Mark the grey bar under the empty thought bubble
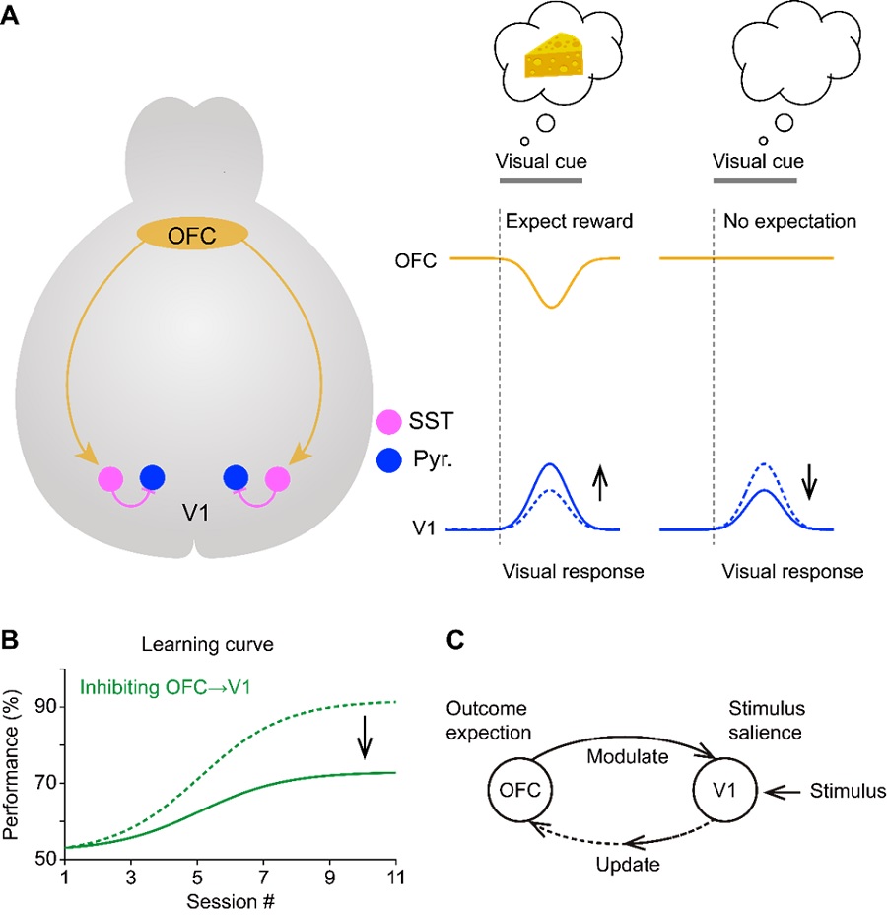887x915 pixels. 756,181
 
